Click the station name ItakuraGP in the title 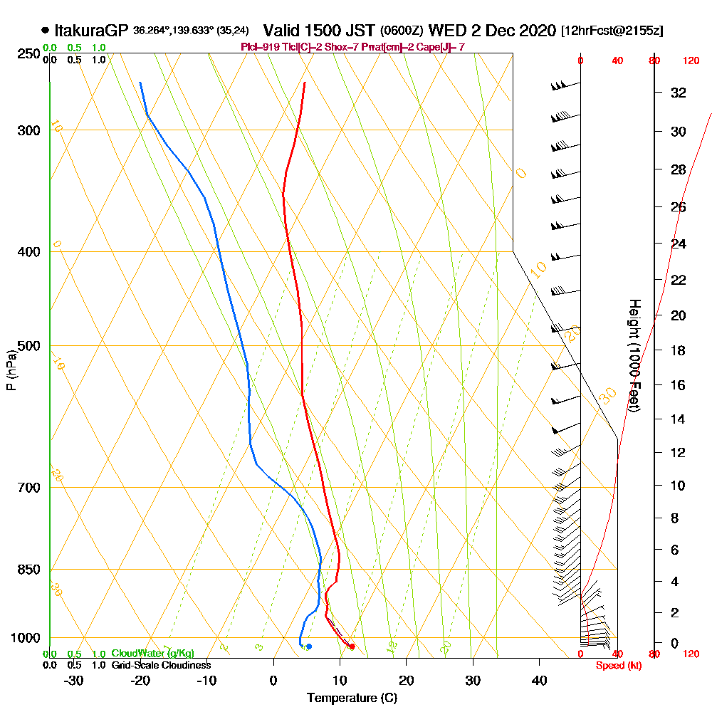[x=91, y=31]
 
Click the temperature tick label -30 [x=74, y=681]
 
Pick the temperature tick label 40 [x=539, y=681]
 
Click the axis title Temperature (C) [x=352, y=698]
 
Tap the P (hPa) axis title [x=11, y=370]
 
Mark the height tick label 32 [x=679, y=93]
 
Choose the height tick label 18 [x=679, y=350]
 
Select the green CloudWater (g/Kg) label [x=152, y=654]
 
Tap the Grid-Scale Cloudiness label [x=161, y=665]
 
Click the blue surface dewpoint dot [x=309, y=646]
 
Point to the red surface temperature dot [x=352, y=646]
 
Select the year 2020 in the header [x=537, y=31]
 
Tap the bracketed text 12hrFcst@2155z [x=612, y=31]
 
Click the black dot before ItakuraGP [x=46, y=31]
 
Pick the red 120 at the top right [x=690, y=61]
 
